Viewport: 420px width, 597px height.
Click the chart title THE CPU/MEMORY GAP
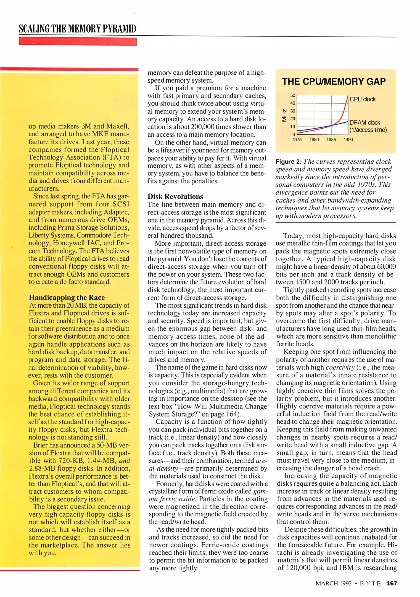click(x=334, y=82)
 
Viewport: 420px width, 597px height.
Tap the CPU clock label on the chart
click(x=363, y=99)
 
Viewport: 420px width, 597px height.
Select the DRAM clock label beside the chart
click(x=365, y=122)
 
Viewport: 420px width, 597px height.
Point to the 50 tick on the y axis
click(x=292, y=95)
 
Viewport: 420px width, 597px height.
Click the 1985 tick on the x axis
click(x=331, y=140)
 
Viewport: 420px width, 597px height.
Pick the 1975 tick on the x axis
click(x=297, y=140)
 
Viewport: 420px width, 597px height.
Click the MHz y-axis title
click(x=284, y=115)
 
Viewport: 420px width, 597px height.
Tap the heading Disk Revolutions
click(x=175, y=197)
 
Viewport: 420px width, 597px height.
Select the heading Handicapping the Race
click(x=67, y=297)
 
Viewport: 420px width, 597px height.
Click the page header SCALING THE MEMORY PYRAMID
click(x=78, y=29)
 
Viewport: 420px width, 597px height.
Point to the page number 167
click(x=392, y=583)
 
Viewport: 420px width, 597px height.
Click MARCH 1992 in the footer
click(x=334, y=583)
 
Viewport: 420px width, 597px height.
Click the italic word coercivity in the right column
click(x=340, y=367)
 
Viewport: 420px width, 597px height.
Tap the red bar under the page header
click(x=78, y=41)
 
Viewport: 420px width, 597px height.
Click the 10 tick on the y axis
click(x=292, y=127)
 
